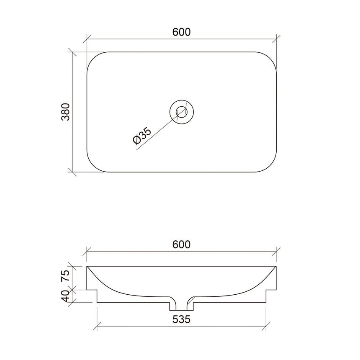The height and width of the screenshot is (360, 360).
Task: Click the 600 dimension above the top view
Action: click(181, 32)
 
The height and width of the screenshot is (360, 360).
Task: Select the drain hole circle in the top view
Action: click(181, 112)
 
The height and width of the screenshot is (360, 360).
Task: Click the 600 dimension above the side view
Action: click(181, 244)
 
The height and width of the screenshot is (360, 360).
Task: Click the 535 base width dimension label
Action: click(181, 319)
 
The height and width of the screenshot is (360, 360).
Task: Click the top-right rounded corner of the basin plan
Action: click(270, 58)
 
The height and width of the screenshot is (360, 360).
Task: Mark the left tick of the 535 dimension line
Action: click(97, 326)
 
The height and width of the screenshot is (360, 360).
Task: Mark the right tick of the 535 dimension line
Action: click(265, 326)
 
